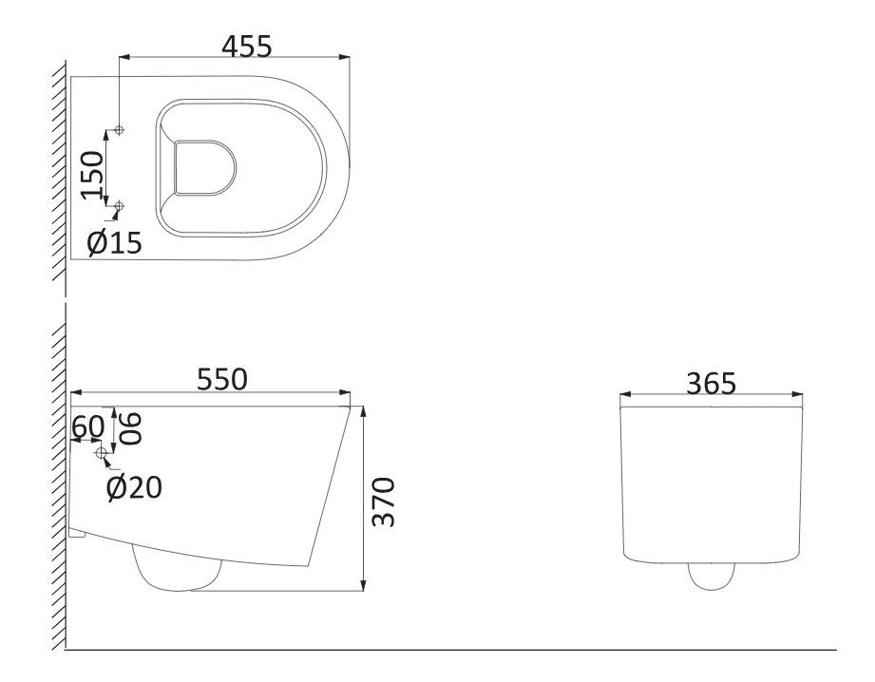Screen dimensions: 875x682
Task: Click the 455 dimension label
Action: coord(247,47)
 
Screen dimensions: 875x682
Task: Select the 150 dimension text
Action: coord(93,175)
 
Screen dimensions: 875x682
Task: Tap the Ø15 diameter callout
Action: coord(115,243)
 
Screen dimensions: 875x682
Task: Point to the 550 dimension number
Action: coord(221,380)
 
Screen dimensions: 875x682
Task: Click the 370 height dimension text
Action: coord(384,502)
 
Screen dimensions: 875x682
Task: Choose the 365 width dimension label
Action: coord(711,384)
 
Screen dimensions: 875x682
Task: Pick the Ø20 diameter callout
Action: coord(135,487)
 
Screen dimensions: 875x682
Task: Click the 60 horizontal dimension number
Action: coord(88,426)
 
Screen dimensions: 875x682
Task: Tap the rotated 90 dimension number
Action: coord(130,428)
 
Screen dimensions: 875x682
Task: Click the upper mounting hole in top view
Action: coord(119,130)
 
